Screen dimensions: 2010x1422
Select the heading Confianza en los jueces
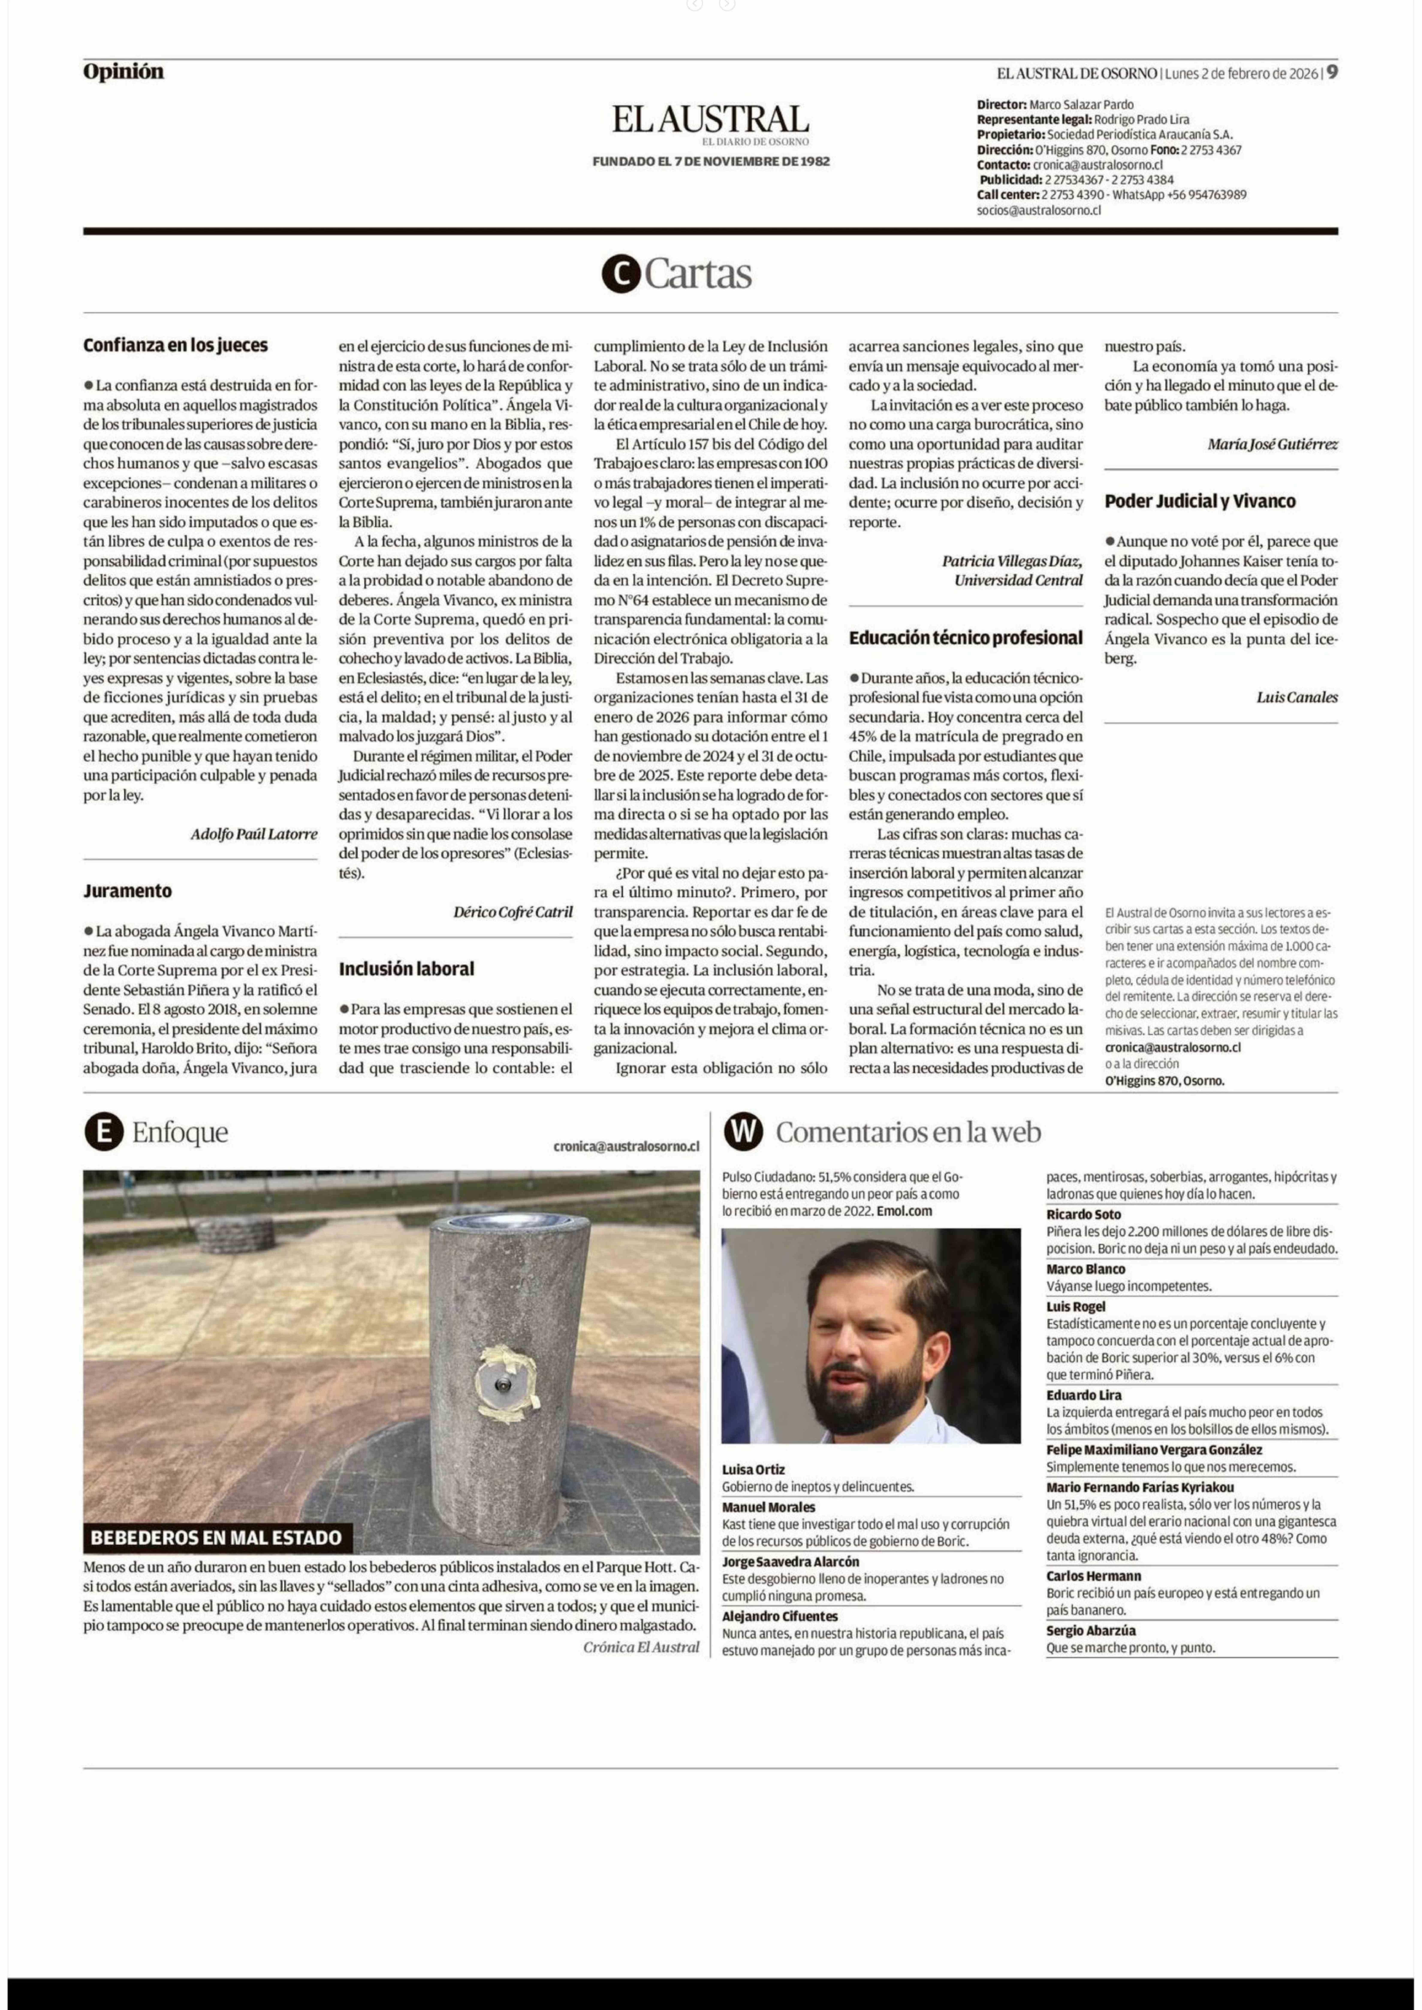pos(175,345)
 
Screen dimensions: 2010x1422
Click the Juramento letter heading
pos(128,891)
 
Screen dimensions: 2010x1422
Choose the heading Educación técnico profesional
pos(965,638)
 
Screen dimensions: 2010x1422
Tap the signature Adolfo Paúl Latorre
pos(254,834)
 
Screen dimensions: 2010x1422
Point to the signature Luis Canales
pos(1297,698)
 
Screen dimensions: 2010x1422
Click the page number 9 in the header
pos(1332,73)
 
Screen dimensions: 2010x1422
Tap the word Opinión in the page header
pos(124,72)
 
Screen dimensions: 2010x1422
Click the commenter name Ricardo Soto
pos(1083,1214)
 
